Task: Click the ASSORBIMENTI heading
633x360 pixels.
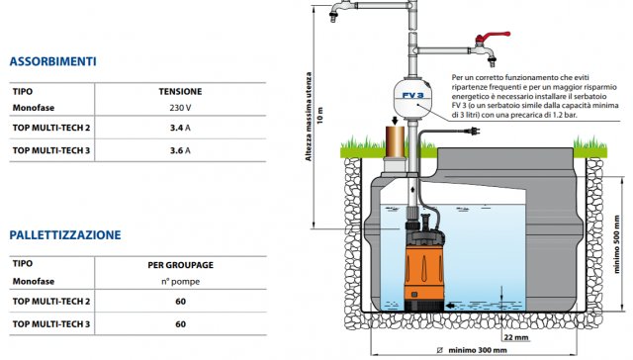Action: tap(52, 61)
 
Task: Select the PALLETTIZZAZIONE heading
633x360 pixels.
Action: tap(65, 234)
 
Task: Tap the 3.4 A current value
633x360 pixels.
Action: tap(180, 128)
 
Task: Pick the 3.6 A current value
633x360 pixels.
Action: tap(180, 150)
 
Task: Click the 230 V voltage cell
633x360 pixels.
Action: tap(180, 108)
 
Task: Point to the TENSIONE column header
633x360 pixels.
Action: tap(180, 92)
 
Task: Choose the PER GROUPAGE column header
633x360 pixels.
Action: tap(180, 265)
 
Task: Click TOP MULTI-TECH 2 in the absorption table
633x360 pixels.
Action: tap(51, 128)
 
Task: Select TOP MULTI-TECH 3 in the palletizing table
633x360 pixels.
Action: tap(51, 324)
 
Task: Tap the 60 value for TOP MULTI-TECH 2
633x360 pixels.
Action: tap(180, 302)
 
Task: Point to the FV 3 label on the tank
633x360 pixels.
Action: tap(413, 96)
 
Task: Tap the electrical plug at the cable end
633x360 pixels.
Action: tap(472, 131)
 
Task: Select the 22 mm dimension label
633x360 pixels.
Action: tap(516, 337)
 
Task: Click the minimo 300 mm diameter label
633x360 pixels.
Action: tap(472, 350)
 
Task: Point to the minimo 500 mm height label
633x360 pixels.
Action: tap(616, 244)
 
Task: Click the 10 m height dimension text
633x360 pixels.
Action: tap(320, 116)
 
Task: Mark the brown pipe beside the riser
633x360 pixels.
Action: tap(395, 142)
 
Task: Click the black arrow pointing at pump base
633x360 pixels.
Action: tap(449, 306)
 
